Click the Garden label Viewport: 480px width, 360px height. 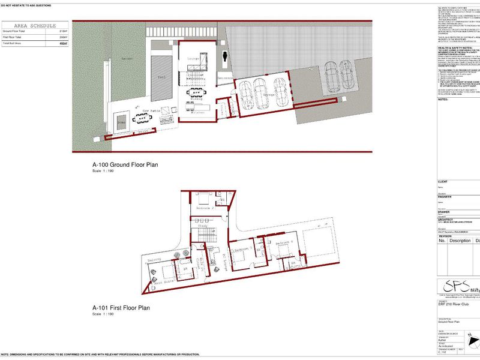[127, 59]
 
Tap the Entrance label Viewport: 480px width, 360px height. [224, 79]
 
